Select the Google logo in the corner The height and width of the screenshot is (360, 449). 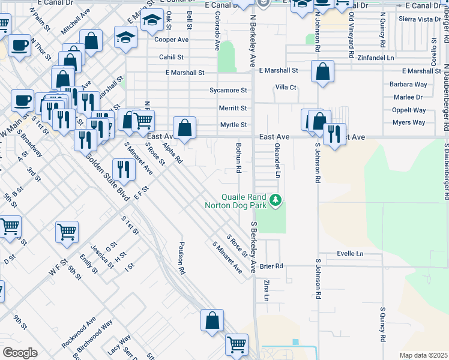[20, 353]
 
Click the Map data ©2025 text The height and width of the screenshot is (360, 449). [423, 355]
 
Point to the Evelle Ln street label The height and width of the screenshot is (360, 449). [351, 254]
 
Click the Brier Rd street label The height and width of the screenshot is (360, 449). [271, 266]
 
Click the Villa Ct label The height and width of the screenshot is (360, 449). [286, 87]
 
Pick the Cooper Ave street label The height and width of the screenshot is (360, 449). [172, 40]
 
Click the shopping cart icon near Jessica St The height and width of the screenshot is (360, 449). [67, 232]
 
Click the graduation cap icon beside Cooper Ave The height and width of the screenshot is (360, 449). [127, 38]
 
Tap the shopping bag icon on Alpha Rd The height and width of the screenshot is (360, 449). [185, 127]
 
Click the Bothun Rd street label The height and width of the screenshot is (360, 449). [238, 158]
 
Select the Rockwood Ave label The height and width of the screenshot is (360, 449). [79, 333]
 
